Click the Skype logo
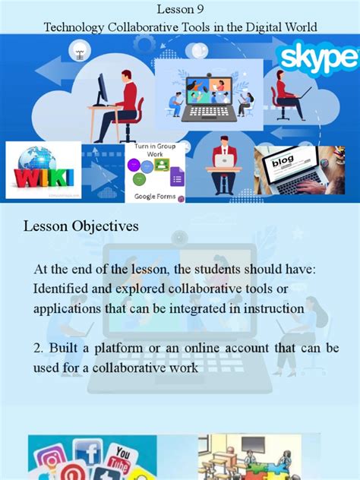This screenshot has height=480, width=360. pos(317,57)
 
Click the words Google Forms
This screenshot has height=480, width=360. pos(155,197)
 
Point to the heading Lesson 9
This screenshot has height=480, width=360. pos(180,9)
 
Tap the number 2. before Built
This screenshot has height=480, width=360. pos(39,347)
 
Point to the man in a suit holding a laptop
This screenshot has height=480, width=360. pos(225,163)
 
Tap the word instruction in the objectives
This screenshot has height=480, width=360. pos(272,308)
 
